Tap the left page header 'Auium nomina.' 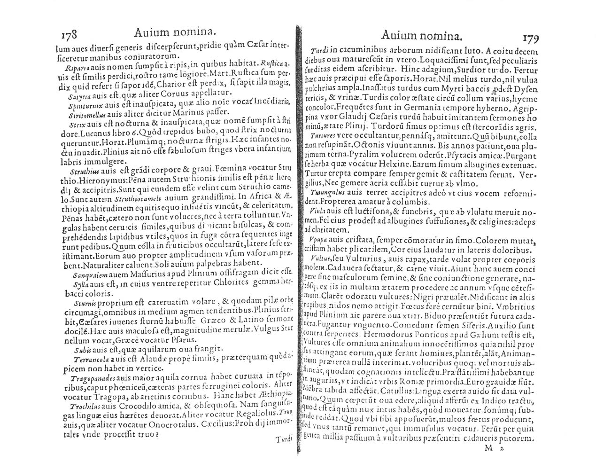[x=175, y=31]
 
